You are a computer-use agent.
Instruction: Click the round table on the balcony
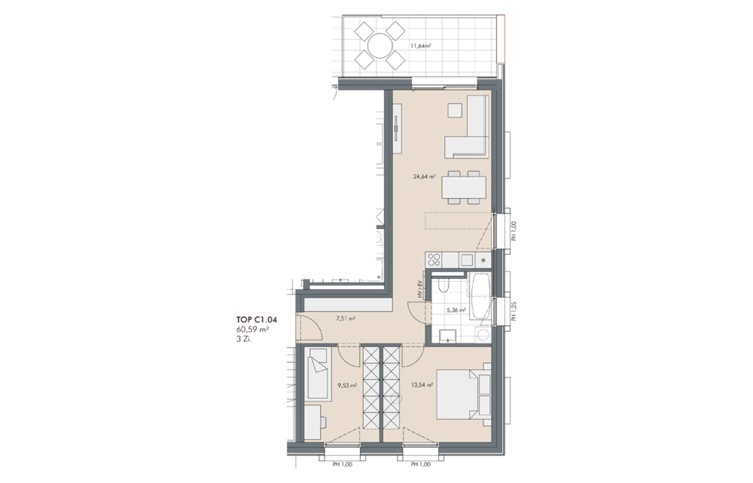click(380, 46)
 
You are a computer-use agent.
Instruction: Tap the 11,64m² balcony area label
click(421, 46)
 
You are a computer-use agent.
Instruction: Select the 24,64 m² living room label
click(425, 176)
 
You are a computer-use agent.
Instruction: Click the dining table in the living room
click(464, 187)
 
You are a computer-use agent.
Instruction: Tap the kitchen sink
click(467, 260)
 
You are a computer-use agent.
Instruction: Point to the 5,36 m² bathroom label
click(456, 310)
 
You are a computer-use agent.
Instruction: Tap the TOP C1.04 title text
click(257, 319)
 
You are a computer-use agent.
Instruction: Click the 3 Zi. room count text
click(244, 339)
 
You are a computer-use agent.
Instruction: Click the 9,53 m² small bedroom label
click(347, 386)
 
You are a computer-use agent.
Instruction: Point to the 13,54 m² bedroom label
click(422, 385)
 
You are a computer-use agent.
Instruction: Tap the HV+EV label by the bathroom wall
click(420, 289)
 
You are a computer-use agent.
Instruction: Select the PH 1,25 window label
click(513, 311)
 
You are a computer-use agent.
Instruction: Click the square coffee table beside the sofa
click(455, 110)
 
